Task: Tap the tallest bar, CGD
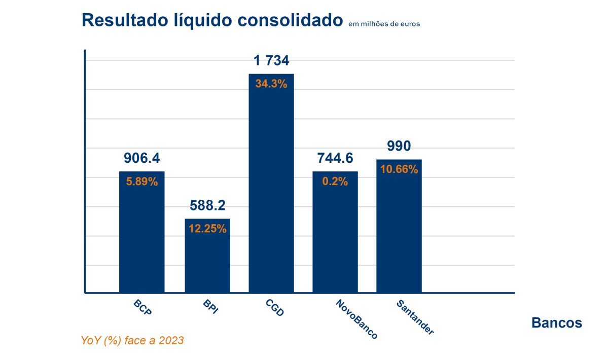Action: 271,193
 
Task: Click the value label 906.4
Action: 141,158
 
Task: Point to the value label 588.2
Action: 207,205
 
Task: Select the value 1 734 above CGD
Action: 271,61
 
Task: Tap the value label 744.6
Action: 335,158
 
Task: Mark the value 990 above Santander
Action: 399,146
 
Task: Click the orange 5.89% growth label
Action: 142,182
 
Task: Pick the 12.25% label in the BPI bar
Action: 207,229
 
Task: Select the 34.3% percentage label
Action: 271,84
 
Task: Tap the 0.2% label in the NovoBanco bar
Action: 335,182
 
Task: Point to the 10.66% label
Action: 399,170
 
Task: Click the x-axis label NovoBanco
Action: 357,319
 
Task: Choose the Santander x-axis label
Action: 415,317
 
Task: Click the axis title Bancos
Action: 556,322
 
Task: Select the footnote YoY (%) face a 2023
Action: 132,341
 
